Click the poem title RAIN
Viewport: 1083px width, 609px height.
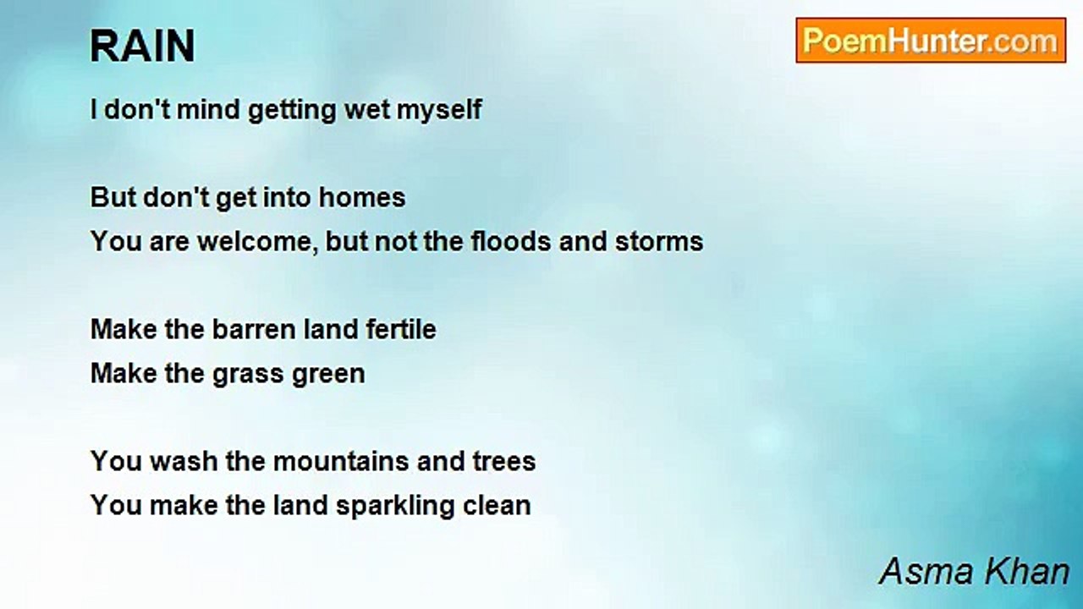(x=143, y=46)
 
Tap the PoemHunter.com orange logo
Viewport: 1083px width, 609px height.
(x=931, y=41)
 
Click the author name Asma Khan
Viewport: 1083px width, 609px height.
(x=974, y=571)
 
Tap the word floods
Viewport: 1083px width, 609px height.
(x=511, y=241)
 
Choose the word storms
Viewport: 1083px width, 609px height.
(x=659, y=241)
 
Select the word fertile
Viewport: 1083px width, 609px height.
(x=401, y=329)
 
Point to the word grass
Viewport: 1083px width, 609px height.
(x=248, y=375)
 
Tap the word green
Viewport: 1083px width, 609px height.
(x=328, y=375)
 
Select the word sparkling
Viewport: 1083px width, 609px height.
(x=395, y=507)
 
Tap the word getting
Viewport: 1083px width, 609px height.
(x=292, y=111)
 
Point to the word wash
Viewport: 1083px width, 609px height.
(x=184, y=461)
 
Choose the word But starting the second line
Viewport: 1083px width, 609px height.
(x=113, y=198)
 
